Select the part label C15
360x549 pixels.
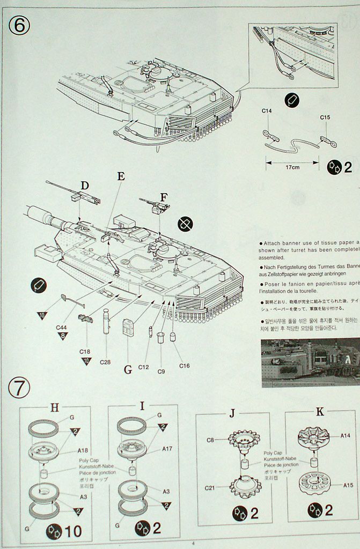click(x=325, y=117)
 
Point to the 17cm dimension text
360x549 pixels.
click(x=292, y=167)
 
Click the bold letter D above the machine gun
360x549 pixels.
click(x=84, y=186)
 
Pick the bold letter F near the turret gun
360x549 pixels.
click(x=164, y=196)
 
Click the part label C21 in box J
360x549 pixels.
click(x=210, y=488)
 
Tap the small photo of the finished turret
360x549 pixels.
click(x=310, y=362)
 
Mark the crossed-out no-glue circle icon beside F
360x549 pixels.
click(x=186, y=224)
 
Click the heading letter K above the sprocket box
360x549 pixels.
click(x=320, y=412)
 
